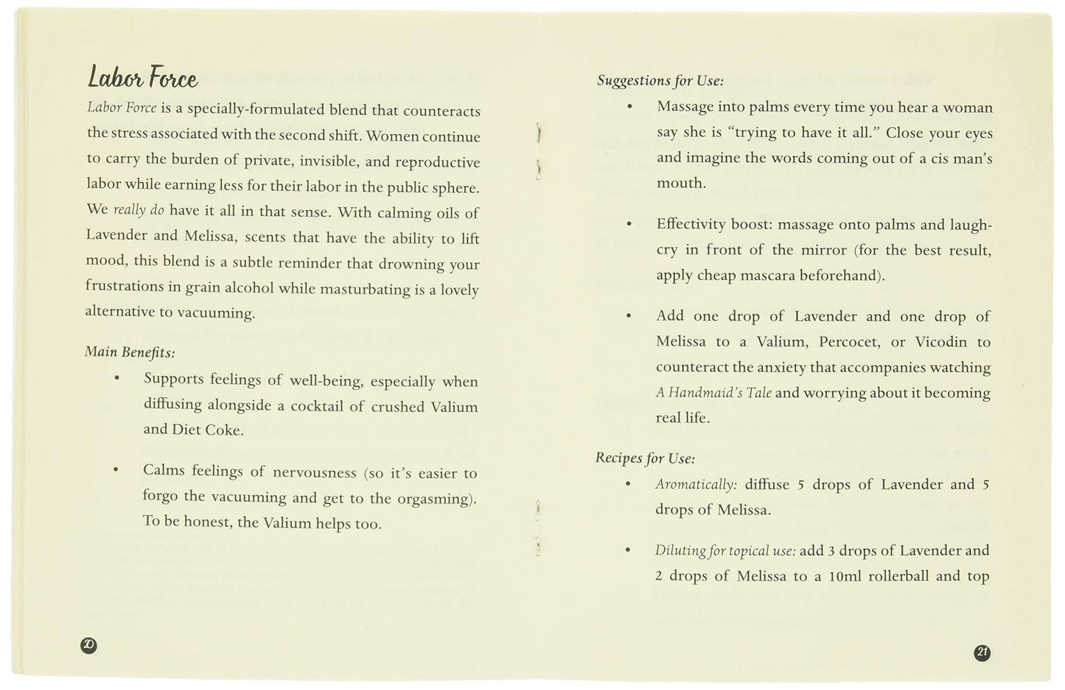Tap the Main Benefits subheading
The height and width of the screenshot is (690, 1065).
pos(130,352)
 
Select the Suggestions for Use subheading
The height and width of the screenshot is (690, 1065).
pos(660,80)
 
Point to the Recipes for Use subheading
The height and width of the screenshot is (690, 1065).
pos(645,458)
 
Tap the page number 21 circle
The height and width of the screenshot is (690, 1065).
pos(982,652)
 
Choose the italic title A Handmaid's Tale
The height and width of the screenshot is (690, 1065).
pos(713,393)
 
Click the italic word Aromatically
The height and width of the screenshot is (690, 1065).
pos(696,484)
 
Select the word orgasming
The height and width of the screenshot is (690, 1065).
pos(431,498)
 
